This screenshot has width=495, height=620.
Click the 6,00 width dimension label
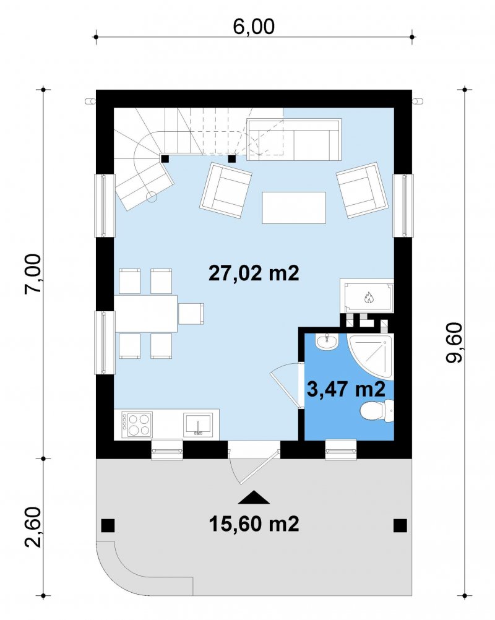click(254, 27)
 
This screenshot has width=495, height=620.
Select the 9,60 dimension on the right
click(454, 342)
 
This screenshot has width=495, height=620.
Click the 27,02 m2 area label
click(254, 273)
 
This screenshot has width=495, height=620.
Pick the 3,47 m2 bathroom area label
click(346, 389)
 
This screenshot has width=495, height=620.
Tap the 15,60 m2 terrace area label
click(254, 524)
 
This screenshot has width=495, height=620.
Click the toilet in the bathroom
click(377, 411)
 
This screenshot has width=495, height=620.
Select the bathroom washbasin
click(327, 342)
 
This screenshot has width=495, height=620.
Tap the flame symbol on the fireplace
click(368, 297)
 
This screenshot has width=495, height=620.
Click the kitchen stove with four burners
click(137, 424)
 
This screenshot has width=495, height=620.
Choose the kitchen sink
click(198, 424)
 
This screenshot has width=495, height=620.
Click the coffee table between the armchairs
click(294, 207)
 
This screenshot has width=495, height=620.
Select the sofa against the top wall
click(294, 139)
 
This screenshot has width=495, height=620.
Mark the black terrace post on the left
click(108, 525)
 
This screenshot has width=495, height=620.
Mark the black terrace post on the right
click(400, 525)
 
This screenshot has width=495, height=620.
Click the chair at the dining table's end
click(191, 314)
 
